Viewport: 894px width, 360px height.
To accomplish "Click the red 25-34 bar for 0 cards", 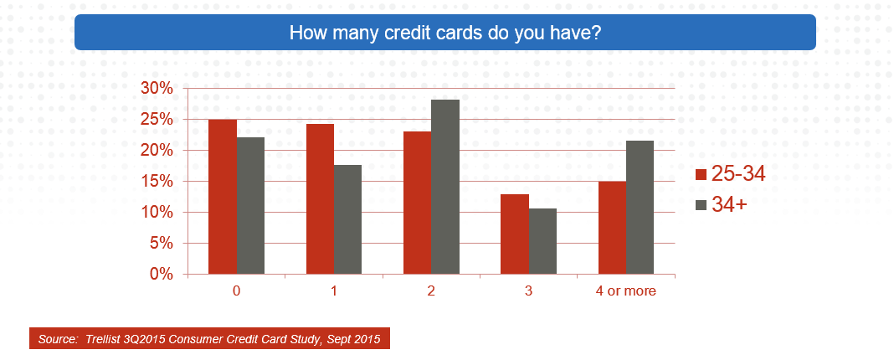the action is coord(223,197).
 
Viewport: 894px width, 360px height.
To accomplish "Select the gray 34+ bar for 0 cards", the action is coord(250,206).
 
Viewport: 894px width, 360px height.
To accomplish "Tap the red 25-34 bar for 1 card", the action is coord(320,199).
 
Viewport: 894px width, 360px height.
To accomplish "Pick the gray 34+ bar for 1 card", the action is coord(347,219).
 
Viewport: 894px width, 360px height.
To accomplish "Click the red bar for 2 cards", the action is coord(418,203).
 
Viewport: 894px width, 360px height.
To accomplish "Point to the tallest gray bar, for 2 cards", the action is coord(445,188).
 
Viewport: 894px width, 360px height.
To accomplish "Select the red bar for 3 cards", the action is coord(515,234).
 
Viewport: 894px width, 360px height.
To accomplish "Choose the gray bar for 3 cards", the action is coord(542,241).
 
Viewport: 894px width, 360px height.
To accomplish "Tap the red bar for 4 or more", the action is coord(613,228).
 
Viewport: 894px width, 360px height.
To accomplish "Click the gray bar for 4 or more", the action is coord(640,208).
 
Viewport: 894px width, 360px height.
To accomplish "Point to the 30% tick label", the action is coord(157,89).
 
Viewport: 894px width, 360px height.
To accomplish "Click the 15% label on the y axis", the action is coord(157,182).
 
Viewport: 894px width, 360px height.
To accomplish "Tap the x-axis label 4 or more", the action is coord(626,291).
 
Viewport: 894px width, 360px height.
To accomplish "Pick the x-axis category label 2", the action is coord(431,291).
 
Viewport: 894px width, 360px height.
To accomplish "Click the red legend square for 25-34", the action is coord(701,175).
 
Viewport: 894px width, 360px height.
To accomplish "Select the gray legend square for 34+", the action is coord(701,205).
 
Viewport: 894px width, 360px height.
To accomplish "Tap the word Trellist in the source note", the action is coord(102,339).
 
